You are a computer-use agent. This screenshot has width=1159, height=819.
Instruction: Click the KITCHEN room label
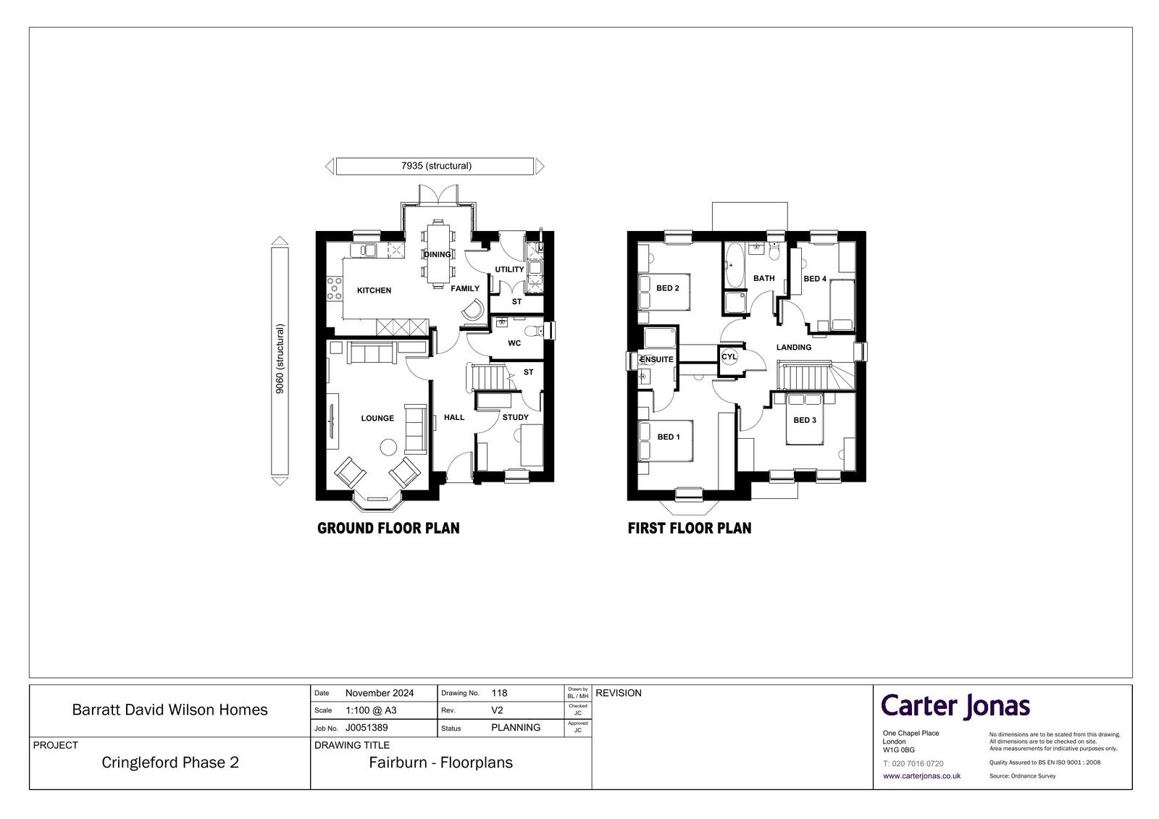pos(374,290)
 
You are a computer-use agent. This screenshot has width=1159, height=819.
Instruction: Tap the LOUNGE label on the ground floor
pos(377,418)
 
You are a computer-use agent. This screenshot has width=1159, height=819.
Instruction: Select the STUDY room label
pos(515,417)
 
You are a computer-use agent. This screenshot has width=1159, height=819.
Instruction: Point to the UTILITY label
pos(509,269)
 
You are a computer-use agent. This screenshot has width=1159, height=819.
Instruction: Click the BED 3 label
pos(805,420)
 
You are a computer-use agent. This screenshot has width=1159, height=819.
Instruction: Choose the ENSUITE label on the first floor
pos(656,359)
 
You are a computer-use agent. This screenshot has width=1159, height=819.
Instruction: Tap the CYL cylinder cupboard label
pos(729,356)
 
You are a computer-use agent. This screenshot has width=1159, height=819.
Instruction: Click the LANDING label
pos(794,347)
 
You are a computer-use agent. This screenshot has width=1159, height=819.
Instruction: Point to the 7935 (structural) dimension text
pos(436,166)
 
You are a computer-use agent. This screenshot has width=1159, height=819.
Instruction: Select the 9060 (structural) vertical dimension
pos(280,359)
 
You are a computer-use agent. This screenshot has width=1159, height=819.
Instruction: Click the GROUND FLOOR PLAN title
pos(388,528)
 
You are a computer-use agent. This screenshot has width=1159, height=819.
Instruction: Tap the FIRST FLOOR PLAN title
pos(689,528)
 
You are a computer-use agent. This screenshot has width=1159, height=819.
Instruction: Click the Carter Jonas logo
pos(955,707)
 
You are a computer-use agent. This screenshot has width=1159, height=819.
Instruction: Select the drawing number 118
pos(499,693)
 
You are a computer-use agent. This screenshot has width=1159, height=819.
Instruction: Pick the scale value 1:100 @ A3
pos(371,710)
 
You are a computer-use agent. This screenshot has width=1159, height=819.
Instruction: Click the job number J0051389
pos(367,728)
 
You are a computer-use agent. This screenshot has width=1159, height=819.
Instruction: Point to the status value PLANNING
pos(515,728)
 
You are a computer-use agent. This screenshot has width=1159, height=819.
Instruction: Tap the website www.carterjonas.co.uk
pos(921,776)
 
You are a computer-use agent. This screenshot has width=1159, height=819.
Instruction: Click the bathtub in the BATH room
pos(733,266)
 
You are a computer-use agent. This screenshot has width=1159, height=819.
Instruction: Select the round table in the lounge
pos(388,447)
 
